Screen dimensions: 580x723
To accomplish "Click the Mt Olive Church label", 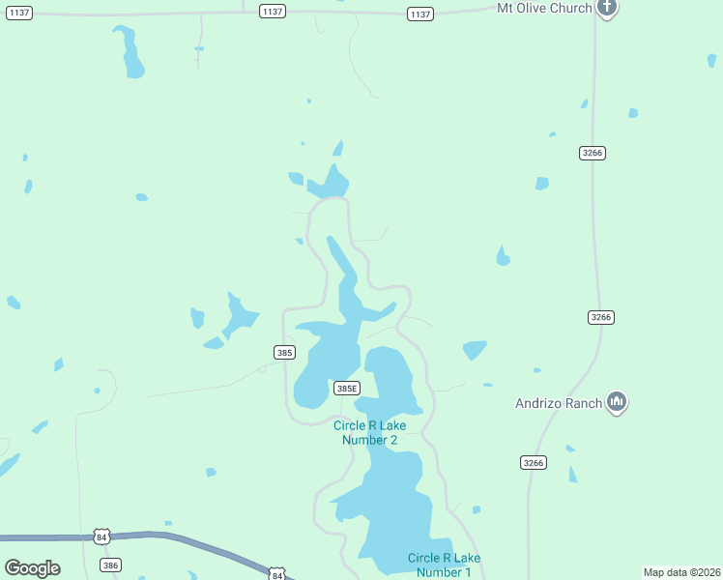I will coord(542,9).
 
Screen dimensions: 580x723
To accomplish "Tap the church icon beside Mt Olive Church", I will coord(606,9).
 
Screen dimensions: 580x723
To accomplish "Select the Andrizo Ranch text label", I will coord(559,402).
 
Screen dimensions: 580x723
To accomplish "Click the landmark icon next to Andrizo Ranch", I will coord(617,402).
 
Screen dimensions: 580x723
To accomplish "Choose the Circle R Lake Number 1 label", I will coord(444,565).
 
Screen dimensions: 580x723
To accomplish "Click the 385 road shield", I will coord(283,353).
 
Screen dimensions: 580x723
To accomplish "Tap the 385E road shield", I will coord(346,388).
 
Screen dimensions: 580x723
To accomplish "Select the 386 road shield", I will coord(110,565).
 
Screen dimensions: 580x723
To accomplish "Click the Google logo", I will coord(33,568).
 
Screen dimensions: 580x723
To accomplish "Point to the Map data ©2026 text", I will coord(681,572).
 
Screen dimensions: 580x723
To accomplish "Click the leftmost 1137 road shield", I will coord(18,12).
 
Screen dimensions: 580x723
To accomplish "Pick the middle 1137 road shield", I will coord(273,12).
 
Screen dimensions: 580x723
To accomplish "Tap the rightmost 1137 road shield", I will coord(419,14).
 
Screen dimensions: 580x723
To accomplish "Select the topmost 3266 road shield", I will coord(593,154).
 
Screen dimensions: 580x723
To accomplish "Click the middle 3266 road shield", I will coord(601,317).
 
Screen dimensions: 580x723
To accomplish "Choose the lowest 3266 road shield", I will coord(534,463).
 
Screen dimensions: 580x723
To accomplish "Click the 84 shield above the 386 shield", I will coord(102,536).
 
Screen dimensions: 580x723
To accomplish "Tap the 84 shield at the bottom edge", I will coord(277,574).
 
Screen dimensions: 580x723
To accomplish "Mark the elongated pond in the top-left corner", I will coord(129,52).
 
